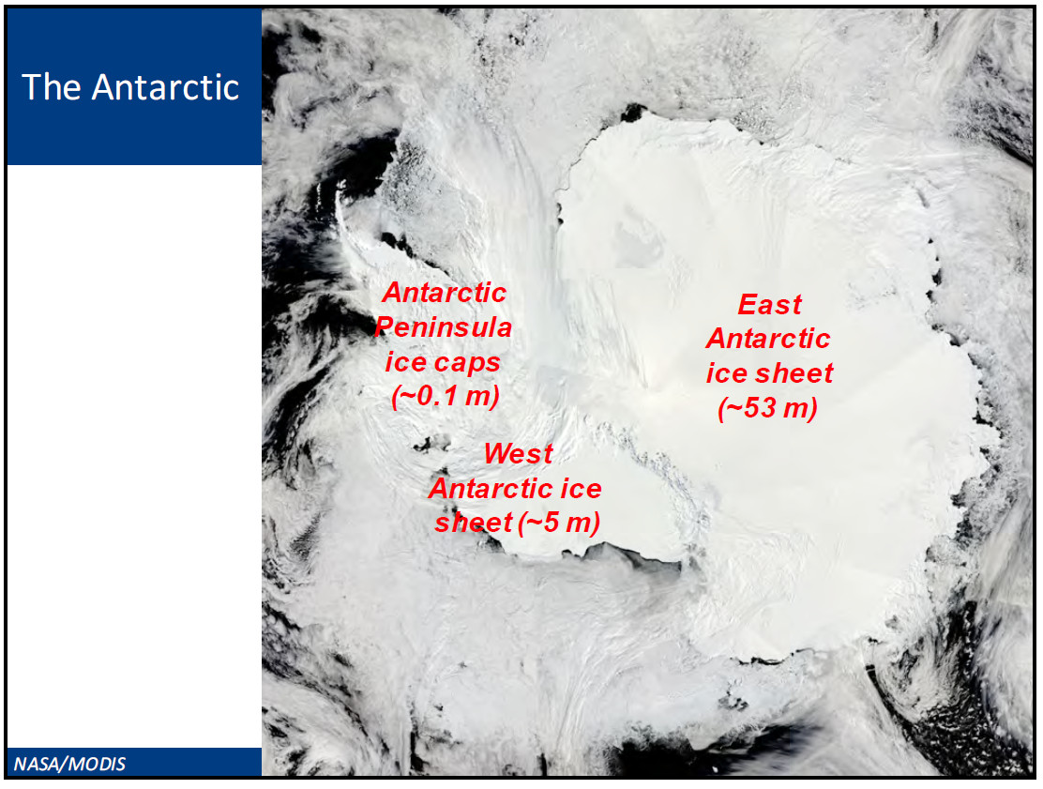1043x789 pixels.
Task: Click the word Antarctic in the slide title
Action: pyautogui.click(x=165, y=87)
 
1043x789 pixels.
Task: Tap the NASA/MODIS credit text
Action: pyautogui.click(x=69, y=764)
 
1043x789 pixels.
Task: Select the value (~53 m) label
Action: pyautogui.click(x=767, y=408)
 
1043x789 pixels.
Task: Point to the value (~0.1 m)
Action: pyautogui.click(x=445, y=396)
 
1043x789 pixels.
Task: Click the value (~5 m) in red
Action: pyautogui.click(x=559, y=523)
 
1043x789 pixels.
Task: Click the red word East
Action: pyautogui.click(x=770, y=305)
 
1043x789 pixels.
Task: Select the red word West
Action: pyautogui.click(x=518, y=454)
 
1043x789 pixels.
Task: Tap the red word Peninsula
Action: pyautogui.click(x=443, y=327)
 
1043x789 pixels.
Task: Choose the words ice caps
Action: pyautogui.click(x=443, y=362)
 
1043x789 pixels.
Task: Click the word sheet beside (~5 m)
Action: pyautogui.click(x=473, y=523)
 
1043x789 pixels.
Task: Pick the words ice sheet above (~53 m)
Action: pyautogui.click(x=769, y=373)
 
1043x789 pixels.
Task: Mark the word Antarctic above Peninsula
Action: pyautogui.click(x=445, y=293)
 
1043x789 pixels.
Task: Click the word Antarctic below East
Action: pyautogui.click(x=768, y=339)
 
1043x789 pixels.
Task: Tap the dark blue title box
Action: pyautogui.click(x=134, y=86)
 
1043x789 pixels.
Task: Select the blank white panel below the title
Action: pyautogui.click(x=134, y=456)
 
